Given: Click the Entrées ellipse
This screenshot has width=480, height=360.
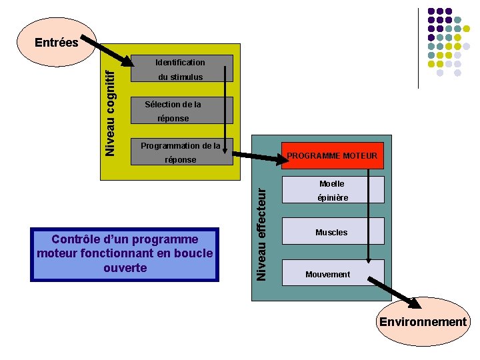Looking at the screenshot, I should pos(57,42).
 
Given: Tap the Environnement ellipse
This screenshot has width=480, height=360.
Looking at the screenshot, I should pos(423,322).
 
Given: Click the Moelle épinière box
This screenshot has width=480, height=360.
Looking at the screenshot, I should pos(333,190).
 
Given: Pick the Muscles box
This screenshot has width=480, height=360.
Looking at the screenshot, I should pos(333,232).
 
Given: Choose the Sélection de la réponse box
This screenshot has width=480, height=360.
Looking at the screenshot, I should pos(180,111).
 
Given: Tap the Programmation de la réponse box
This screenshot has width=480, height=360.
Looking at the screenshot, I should pos(180,153).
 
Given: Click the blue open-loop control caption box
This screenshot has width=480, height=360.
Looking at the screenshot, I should pos(125,254).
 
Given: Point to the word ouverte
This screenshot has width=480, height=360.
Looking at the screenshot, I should pos(125,268).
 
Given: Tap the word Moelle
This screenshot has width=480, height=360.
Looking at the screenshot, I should pos(332,183).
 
